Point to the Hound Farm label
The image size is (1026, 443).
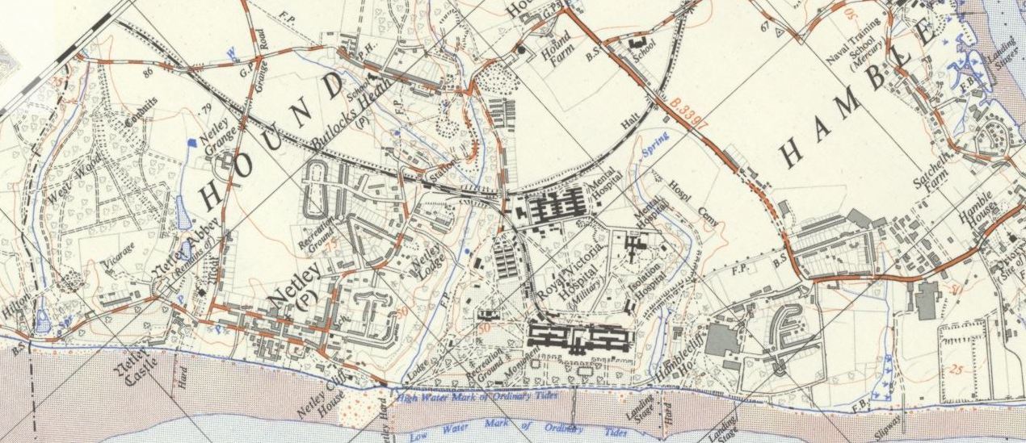(557, 48)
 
